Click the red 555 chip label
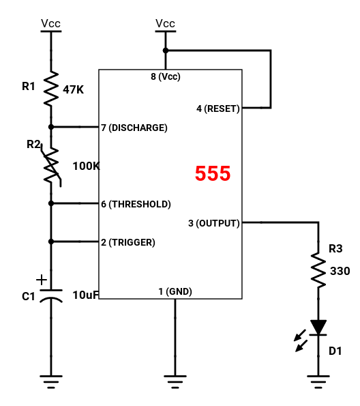(213, 173)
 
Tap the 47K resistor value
(73, 90)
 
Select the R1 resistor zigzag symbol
(51, 88)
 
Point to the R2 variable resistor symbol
(52, 165)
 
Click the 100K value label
(86, 166)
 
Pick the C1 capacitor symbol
(51, 295)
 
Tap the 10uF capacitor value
(86, 295)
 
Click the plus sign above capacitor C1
(42, 280)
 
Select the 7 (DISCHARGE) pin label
(134, 128)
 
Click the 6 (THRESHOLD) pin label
(136, 204)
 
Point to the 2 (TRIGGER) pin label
(128, 242)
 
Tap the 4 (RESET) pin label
(218, 108)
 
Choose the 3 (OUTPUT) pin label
(214, 223)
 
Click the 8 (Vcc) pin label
(166, 76)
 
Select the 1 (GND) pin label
(175, 291)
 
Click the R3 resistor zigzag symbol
(318, 270)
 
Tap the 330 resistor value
(340, 272)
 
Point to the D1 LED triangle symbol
(318, 328)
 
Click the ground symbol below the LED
(318, 381)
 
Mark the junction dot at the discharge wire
(51, 127)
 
